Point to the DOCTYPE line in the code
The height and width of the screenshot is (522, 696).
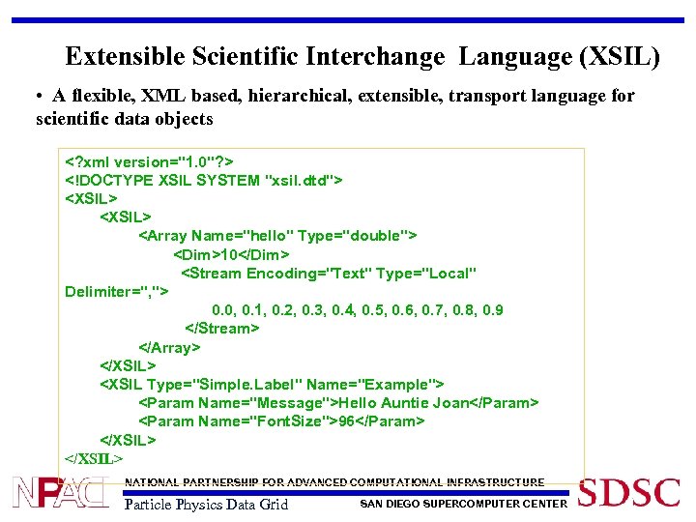(204, 180)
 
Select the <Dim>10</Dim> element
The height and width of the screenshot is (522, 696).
(231, 254)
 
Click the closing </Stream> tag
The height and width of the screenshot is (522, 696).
(221, 329)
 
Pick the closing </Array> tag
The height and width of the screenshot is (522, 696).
(169, 347)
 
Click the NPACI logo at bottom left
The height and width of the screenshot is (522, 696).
(59, 492)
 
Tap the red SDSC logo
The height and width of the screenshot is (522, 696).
(629, 493)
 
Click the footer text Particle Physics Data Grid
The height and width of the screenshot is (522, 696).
(206, 505)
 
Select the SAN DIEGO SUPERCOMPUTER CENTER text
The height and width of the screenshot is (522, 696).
(463, 504)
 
